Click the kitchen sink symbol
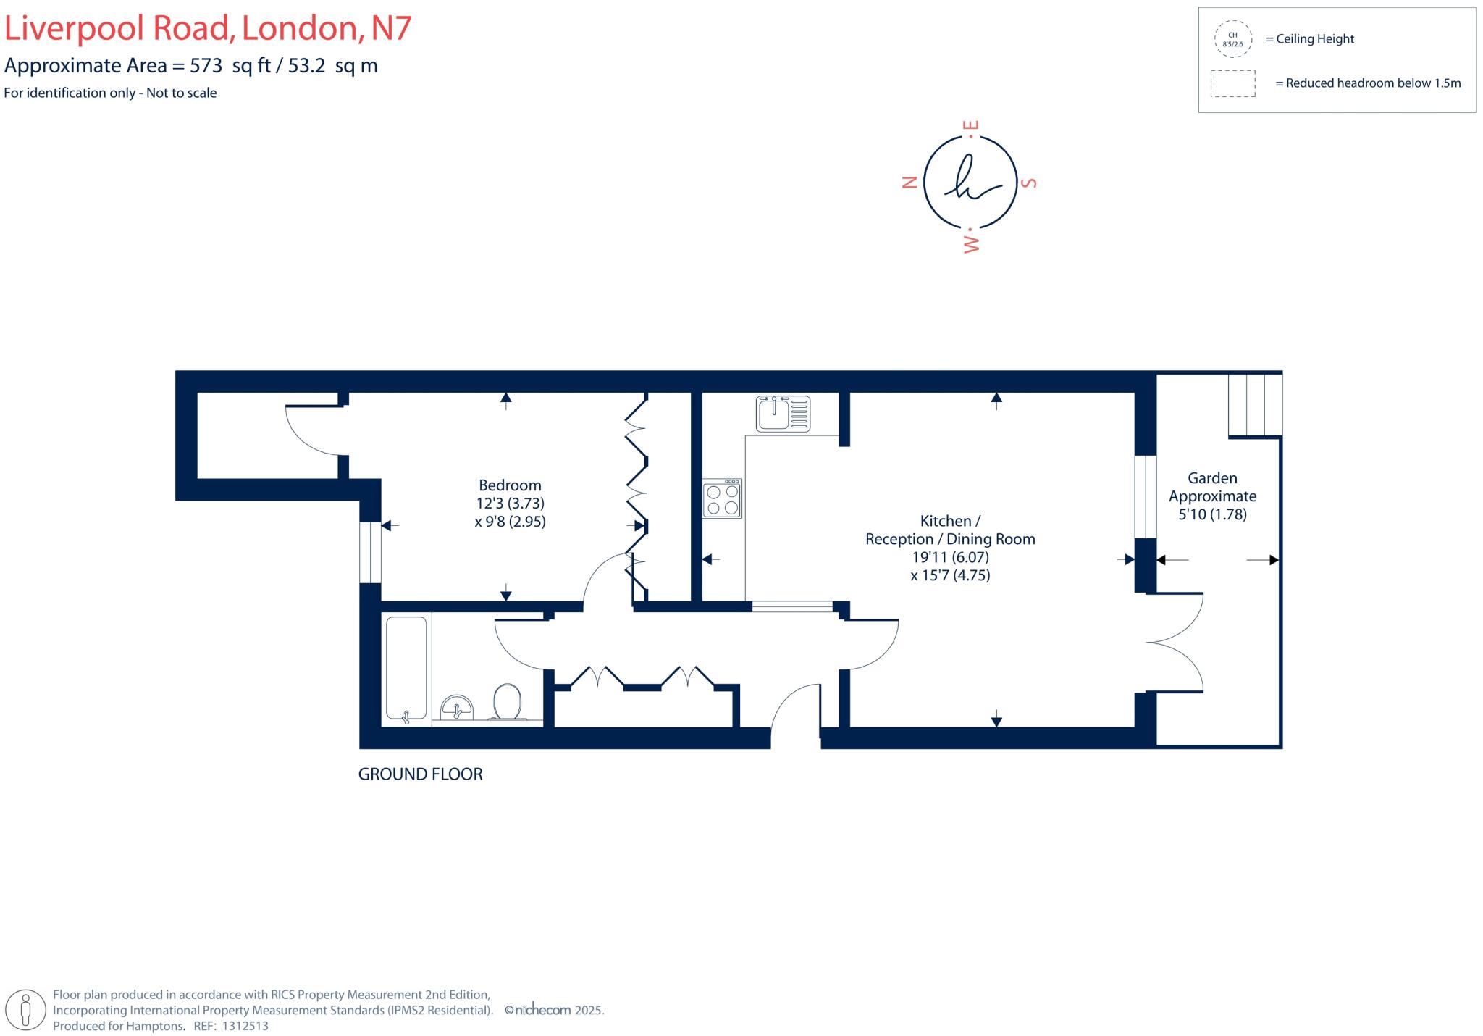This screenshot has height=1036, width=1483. click(x=783, y=414)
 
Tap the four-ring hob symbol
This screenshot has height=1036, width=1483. click(x=722, y=498)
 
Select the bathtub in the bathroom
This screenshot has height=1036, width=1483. click(x=406, y=669)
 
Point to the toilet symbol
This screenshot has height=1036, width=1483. click(x=508, y=702)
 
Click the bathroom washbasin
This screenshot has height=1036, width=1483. click(x=456, y=707)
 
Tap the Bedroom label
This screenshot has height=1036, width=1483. click(x=510, y=485)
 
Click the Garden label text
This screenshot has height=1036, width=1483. click(x=1212, y=478)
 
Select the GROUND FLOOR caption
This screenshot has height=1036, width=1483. click(x=420, y=774)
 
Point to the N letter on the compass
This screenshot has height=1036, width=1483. click(x=910, y=183)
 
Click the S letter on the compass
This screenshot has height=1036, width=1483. click(x=1029, y=183)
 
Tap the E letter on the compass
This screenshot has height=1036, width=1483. click(x=972, y=125)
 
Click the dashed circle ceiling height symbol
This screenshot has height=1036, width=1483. click(x=1232, y=39)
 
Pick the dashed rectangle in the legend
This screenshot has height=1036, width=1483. click(x=1232, y=83)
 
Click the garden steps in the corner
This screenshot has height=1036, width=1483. click(x=1255, y=405)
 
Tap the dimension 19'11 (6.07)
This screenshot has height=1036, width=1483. click(x=950, y=557)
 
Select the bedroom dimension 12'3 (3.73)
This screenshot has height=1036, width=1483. click(x=510, y=504)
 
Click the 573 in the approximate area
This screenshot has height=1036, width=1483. click(x=206, y=66)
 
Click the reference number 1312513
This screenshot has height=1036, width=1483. click(x=245, y=1026)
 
